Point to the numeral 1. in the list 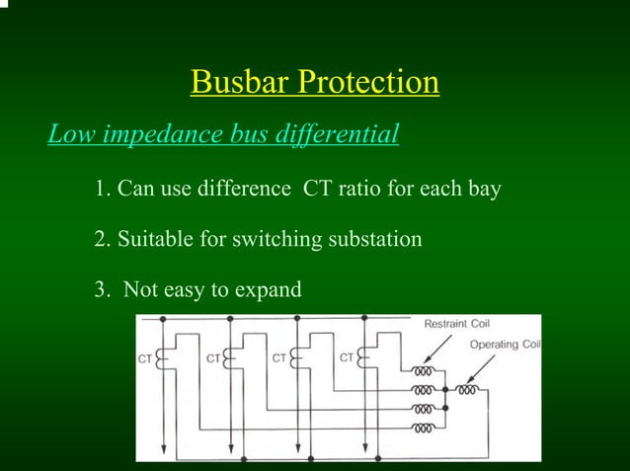tap(103, 189)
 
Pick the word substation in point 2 tap(373, 239)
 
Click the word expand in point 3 tap(266, 290)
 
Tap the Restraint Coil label tap(456, 324)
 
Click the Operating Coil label tap(504, 344)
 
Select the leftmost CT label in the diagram tap(145, 358)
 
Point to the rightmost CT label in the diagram tap(348, 357)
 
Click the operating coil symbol tap(469, 390)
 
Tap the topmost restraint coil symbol tap(424, 372)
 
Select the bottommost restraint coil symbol tap(424, 429)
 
